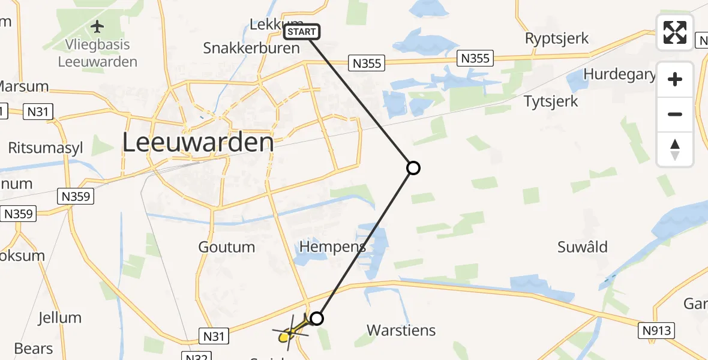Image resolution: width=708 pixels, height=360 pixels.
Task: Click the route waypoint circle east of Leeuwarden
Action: pos(413,168)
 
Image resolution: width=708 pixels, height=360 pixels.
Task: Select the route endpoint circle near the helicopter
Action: pos(317,318)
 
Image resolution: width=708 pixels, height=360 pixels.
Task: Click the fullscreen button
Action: pos(675,32)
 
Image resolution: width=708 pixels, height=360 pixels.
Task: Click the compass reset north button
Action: pos(675,149)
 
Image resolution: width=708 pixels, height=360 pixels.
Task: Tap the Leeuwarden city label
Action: pos(198,143)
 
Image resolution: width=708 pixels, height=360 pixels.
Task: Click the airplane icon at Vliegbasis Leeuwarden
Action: pos(97,27)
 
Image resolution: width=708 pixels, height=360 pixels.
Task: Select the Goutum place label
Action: pos(227,247)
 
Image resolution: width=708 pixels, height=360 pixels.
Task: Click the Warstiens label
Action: pos(401,330)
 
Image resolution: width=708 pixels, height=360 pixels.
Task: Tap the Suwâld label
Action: pos(582,247)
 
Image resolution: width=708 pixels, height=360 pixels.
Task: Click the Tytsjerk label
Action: pos(551,101)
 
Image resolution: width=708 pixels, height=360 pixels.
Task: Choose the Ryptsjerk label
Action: pos(557,38)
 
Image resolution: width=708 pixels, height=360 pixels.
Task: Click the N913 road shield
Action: pos(658,330)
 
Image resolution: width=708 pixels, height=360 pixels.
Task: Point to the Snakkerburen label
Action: pos(251,48)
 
